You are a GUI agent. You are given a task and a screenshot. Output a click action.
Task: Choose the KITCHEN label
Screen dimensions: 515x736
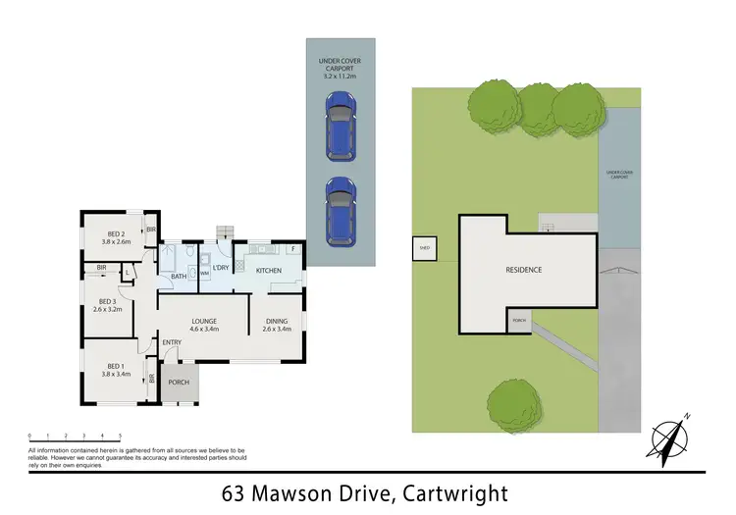click(x=268, y=270)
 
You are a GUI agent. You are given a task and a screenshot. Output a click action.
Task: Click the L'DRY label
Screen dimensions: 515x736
click(x=221, y=268)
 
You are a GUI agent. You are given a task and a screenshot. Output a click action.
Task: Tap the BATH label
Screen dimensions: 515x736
click(x=179, y=277)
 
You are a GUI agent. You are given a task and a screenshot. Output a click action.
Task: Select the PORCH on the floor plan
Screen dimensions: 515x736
click(x=179, y=383)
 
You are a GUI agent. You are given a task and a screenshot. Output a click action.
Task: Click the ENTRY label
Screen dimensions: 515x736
click(x=172, y=341)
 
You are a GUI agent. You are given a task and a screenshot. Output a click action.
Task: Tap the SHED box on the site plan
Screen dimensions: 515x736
click(x=424, y=249)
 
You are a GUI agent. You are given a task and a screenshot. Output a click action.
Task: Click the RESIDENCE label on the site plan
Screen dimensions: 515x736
click(x=523, y=270)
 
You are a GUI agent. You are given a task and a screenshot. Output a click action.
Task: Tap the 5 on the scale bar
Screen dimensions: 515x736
click(x=120, y=435)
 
